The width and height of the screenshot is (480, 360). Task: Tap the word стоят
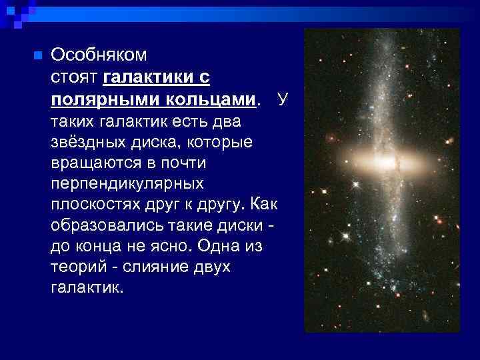[75, 78]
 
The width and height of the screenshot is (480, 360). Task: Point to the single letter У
[283, 100]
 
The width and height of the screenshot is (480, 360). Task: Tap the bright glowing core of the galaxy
[385, 162]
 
